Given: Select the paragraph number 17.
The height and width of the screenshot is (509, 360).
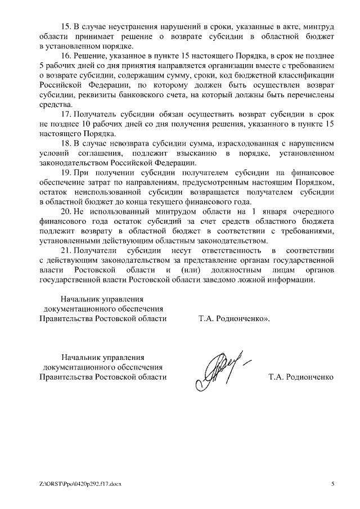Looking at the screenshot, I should (x=66, y=114).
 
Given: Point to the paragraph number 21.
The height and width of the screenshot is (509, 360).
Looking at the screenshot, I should (x=66, y=251).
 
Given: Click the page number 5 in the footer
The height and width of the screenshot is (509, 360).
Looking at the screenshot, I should (x=332, y=484).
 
